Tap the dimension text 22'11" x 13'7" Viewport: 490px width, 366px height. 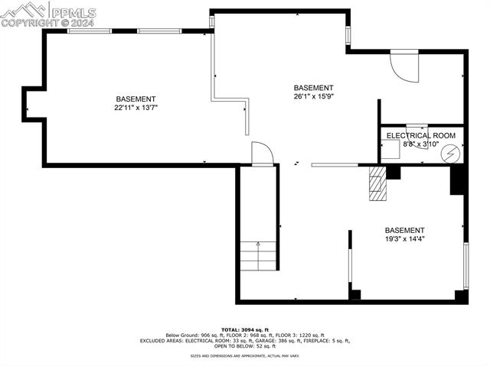(136, 108)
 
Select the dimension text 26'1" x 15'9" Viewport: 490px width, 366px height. (313, 96)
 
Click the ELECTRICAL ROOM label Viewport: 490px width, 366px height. (420, 135)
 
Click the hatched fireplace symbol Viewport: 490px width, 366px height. (377, 183)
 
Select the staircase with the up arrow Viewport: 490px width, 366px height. (258, 255)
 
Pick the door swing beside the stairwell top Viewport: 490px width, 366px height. (262, 153)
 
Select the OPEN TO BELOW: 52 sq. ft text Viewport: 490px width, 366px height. (246, 346)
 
